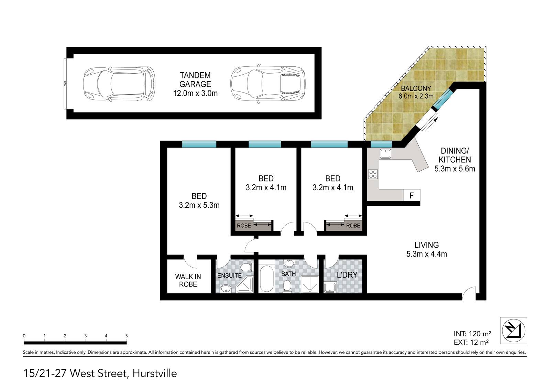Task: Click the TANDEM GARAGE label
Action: [195, 79]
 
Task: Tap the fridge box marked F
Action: [412, 195]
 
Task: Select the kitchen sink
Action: [385, 154]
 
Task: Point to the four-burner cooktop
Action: [373, 174]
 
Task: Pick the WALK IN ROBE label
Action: [188, 280]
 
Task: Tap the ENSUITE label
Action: [230, 275]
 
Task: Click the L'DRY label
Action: [347, 275]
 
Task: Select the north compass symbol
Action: [514, 331]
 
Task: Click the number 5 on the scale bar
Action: [126, 336]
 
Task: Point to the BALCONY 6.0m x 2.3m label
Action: [416, 92]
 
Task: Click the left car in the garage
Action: [119, 84]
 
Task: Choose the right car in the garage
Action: [268, 84]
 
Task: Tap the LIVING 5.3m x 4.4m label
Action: [427, 249]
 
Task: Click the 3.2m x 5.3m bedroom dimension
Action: [199, 205]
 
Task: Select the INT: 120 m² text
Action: [472, 334]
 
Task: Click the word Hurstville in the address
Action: [155, 374]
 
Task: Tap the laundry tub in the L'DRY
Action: [330, 288]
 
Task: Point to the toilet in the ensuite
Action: [246, 267]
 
